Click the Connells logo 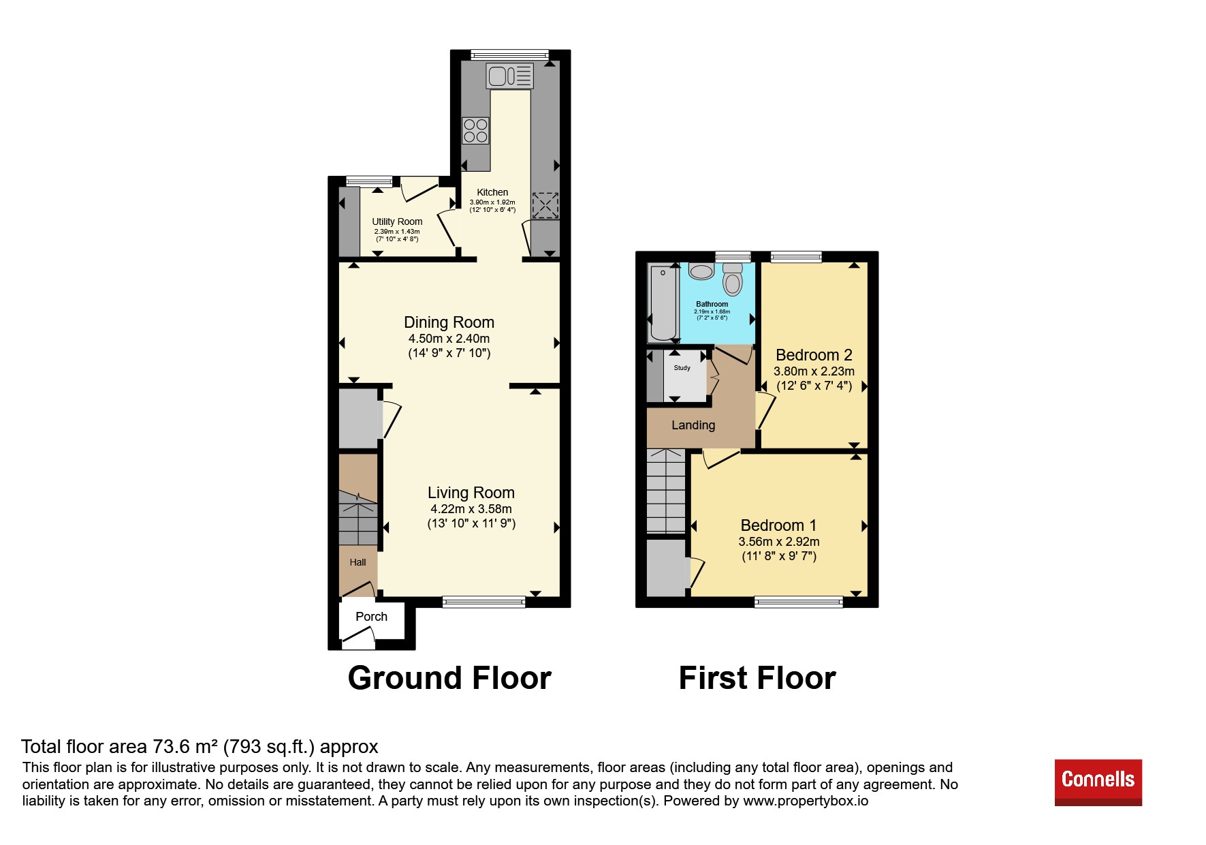coord(1098,782)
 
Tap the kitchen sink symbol coord(509,76)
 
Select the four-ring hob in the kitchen coord(475,131)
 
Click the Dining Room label coord(449,322)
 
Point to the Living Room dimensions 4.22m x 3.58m coord(471,509)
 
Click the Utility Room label coord(397,221)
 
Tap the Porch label coord(371,617)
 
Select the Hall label coord(358,562)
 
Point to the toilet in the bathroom coord(733,279)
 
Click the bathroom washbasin coord(701,271)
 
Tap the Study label coord(682,368)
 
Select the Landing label coord(693,425)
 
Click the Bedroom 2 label coord(814,355)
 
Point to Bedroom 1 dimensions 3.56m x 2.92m coord(779,542)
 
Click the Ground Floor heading coord(449,678)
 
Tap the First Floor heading coord(757,678)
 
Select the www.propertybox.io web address coord(806,801)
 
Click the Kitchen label coord(492,192)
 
